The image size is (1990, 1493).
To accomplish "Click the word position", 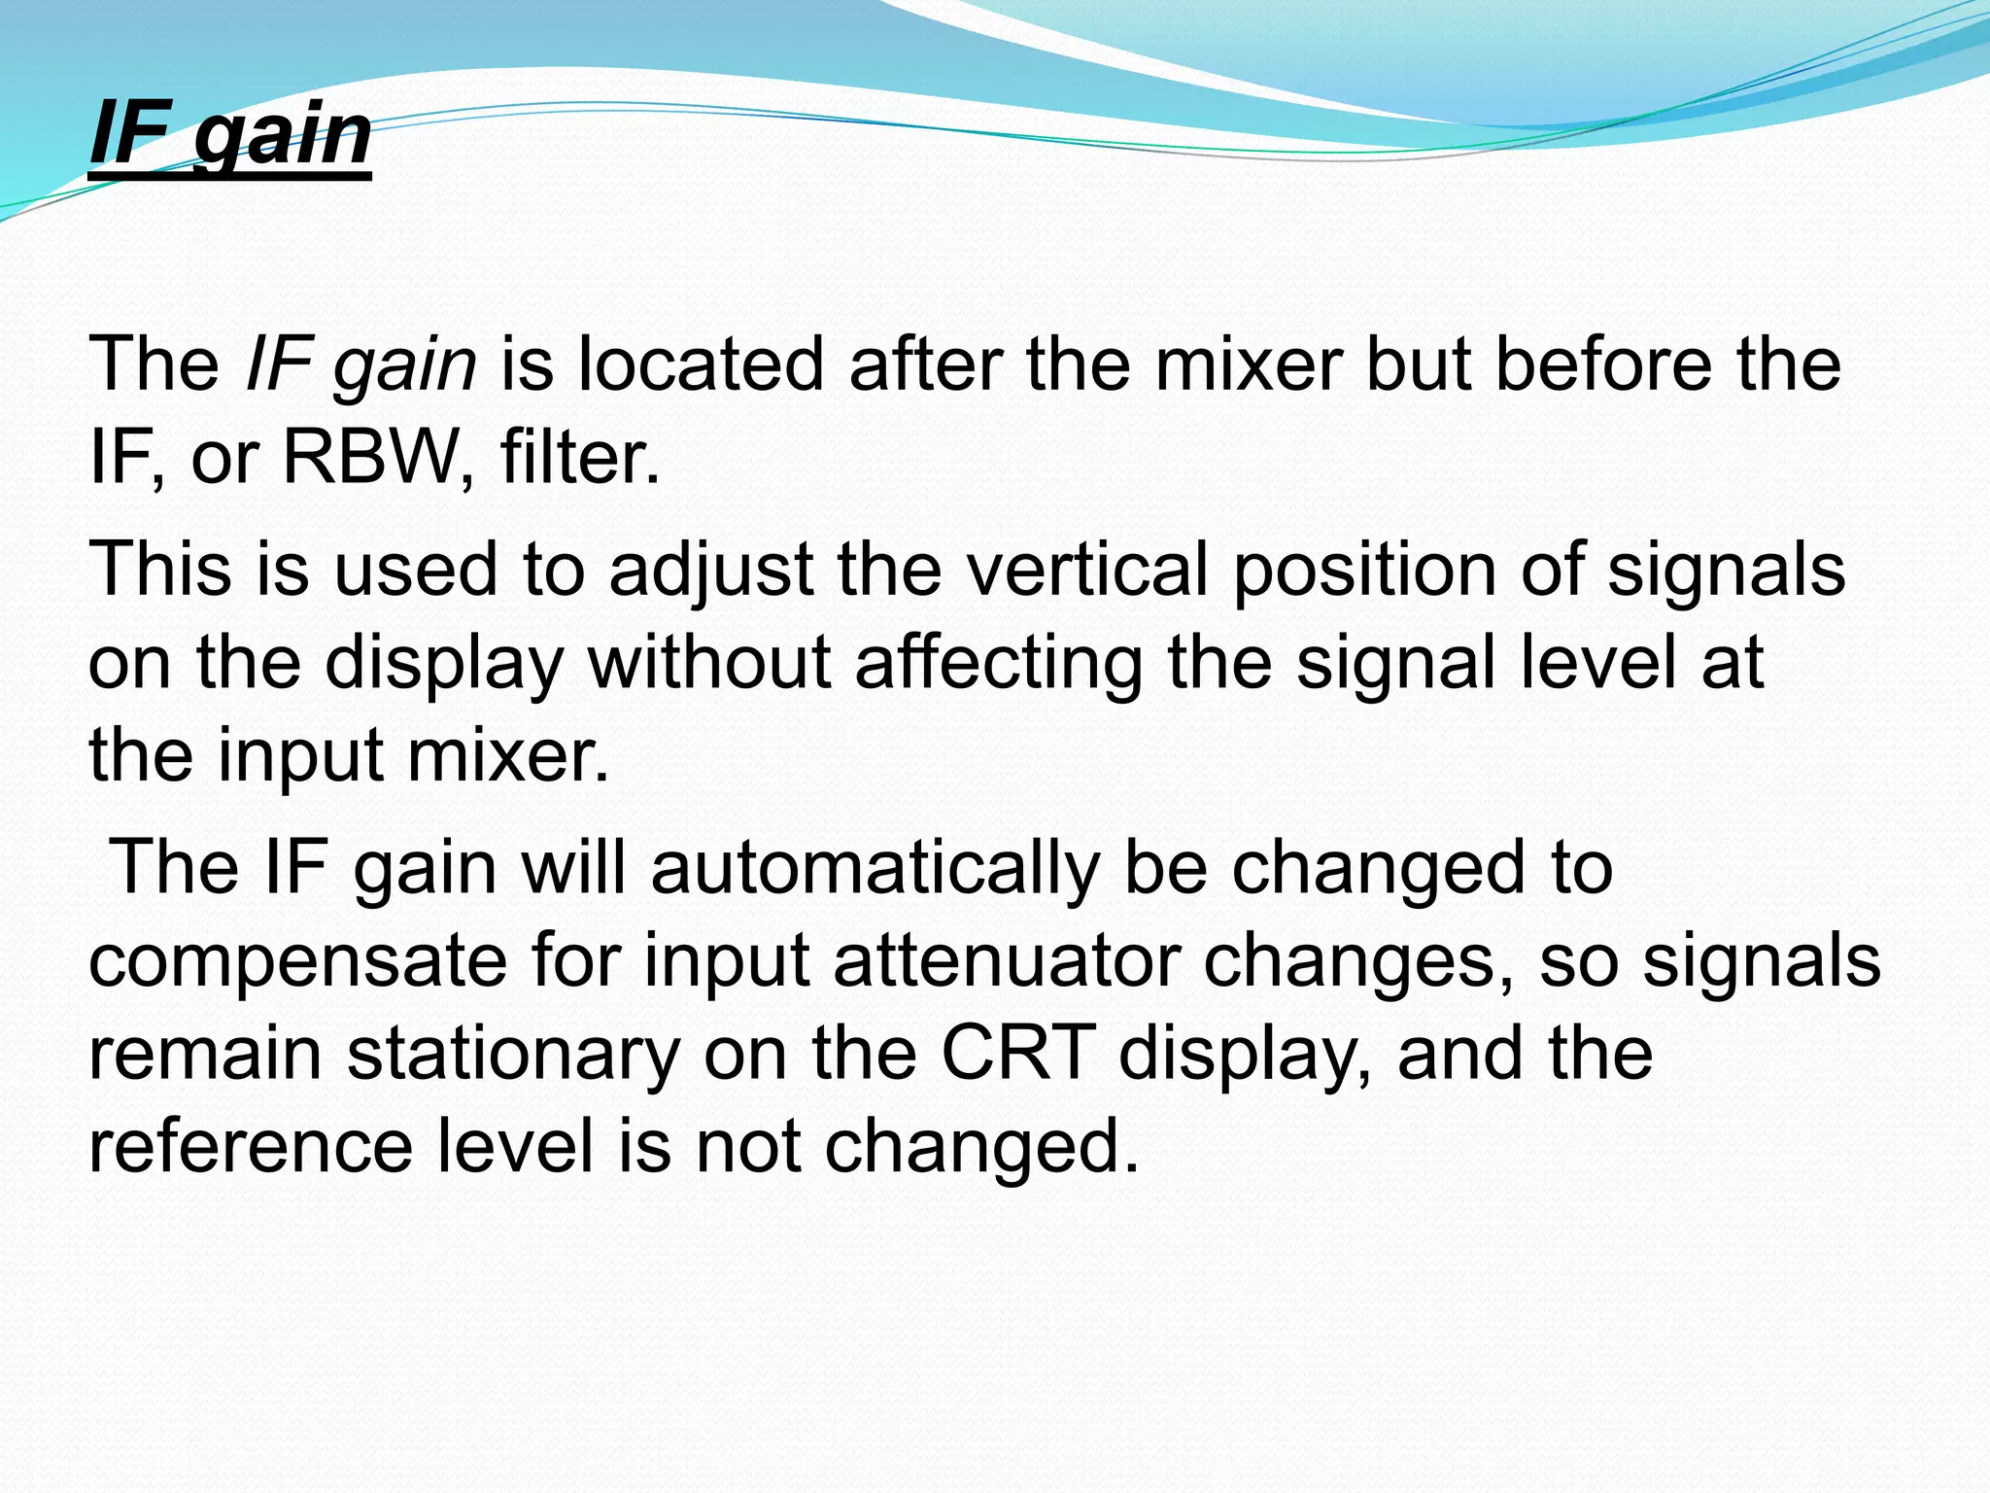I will coord(1365,571).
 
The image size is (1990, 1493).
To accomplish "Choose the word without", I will coord(709,664).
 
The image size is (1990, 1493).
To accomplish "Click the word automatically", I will coord(875,867).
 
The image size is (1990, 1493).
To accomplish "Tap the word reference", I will coord(251,1147).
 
